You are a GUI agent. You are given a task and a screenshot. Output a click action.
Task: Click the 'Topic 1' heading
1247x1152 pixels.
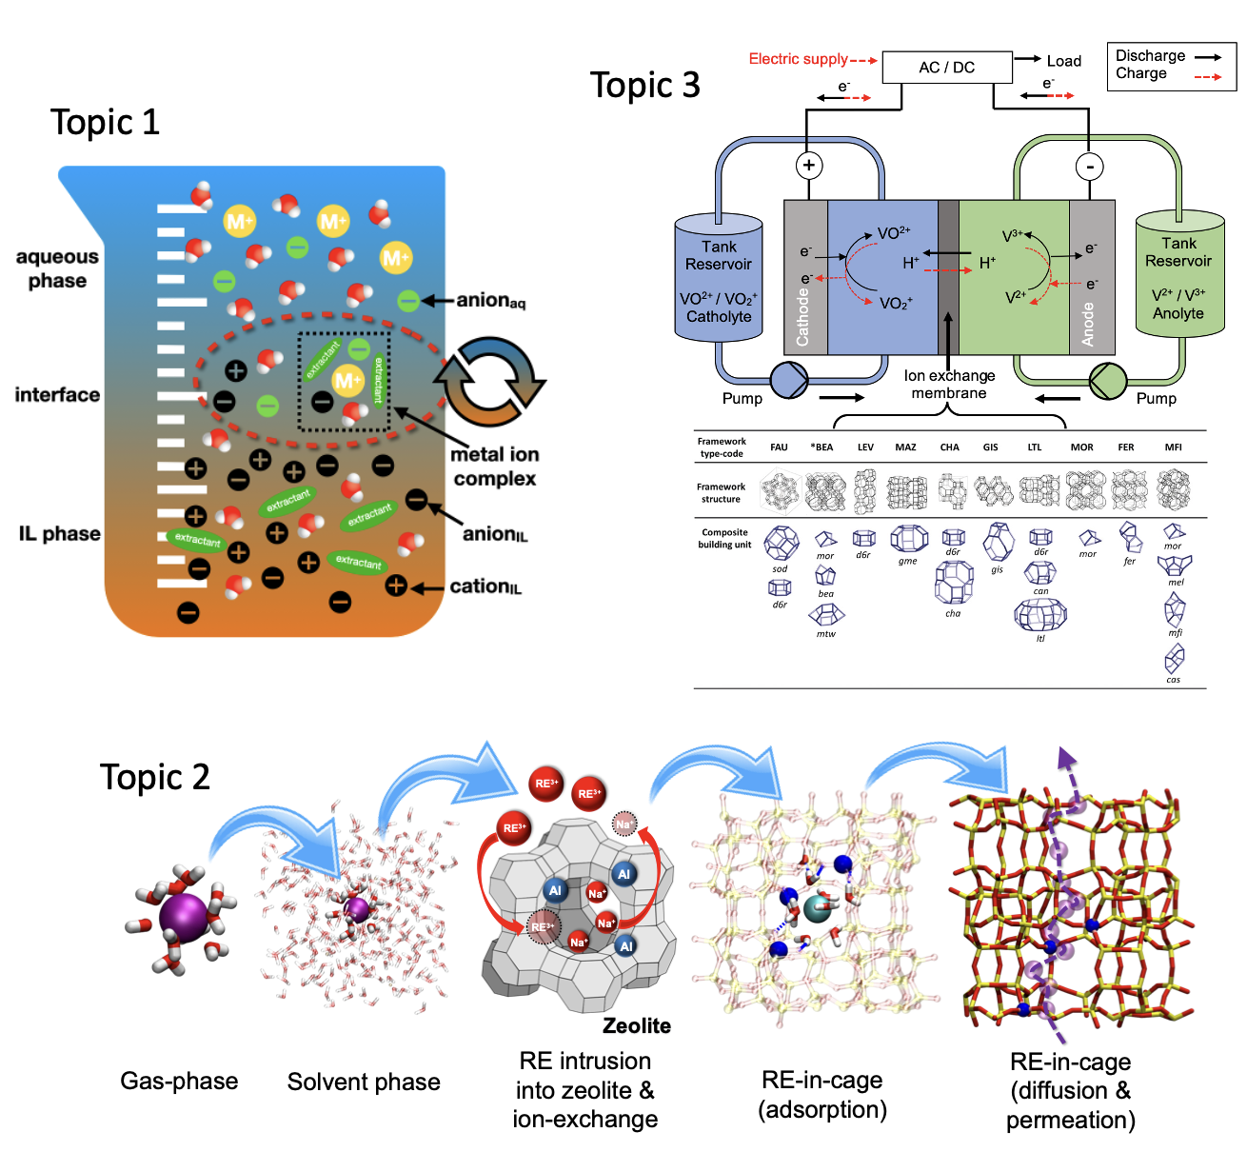105,123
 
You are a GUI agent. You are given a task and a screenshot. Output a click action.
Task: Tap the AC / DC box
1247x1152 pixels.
946,68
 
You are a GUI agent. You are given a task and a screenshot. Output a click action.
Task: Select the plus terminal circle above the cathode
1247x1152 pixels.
808,166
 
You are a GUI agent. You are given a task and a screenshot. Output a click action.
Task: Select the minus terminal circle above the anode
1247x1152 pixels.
1089,167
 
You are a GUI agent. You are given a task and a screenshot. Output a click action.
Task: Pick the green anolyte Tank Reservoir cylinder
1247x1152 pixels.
1179,276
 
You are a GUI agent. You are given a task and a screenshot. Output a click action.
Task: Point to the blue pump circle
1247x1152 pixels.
788,381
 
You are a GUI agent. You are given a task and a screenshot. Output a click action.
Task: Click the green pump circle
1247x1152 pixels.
1108,381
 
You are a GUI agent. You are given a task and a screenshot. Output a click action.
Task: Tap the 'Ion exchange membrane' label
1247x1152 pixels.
949,385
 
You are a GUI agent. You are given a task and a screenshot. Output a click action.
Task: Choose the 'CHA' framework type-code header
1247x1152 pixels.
949,447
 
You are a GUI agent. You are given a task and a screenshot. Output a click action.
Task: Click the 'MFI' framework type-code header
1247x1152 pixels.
1173,447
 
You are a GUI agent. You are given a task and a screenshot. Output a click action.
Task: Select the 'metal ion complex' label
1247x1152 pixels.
495,467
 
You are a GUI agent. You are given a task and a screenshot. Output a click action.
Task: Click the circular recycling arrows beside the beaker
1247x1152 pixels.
489,381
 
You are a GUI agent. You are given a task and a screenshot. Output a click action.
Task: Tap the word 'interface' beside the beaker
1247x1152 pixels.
57,395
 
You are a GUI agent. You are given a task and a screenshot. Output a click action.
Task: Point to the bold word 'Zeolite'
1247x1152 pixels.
637,1025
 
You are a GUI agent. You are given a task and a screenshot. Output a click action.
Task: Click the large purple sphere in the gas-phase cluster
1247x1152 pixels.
183,916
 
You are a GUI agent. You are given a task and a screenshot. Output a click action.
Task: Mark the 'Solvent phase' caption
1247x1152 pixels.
364,1082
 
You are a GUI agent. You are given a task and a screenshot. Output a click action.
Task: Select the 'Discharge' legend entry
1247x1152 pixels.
1150,56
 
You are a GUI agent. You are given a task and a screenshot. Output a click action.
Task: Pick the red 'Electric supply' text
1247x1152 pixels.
798,59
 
